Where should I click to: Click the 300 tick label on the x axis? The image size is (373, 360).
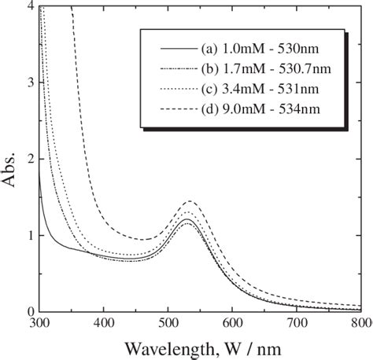click(x=39, y=323)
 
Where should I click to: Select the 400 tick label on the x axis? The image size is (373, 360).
click(x=103, y=323)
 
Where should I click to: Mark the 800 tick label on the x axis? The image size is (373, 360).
click(x=360, y=323)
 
